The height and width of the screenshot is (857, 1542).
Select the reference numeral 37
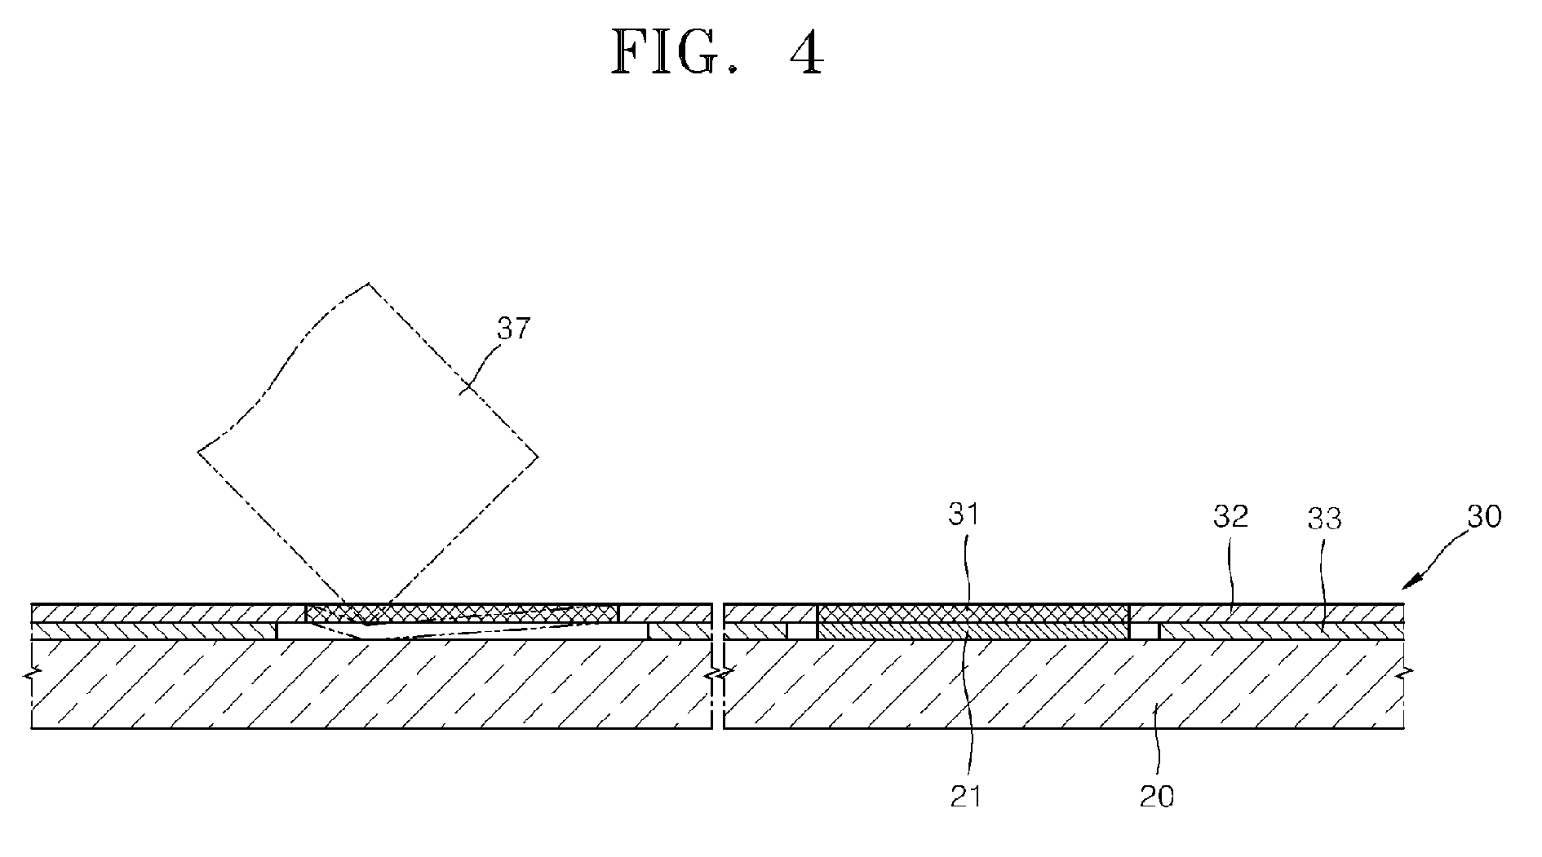click(x=514, y=329)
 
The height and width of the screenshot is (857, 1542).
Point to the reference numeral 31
click(x=966, y=515)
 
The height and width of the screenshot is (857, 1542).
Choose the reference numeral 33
click(x=1324, y=518)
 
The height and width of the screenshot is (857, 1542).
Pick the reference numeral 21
click(x=966, y=795)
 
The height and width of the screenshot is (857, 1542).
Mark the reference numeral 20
click(x=1157, y=795)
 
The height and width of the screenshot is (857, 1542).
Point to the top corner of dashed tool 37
click(x=369, y=284)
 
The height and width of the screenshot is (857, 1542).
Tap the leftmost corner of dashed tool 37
click(x=199, y=451)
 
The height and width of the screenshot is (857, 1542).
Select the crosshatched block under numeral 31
click(x=973, y=614)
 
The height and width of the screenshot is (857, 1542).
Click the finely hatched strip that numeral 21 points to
click(x=973, y=631)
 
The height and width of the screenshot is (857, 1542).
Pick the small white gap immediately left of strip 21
click(x=802, y=631)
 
